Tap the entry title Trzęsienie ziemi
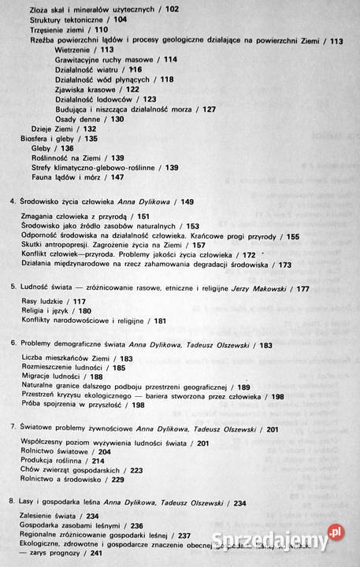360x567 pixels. click(x=58, y=28)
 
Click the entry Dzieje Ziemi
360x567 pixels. click(x=50, y=129)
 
